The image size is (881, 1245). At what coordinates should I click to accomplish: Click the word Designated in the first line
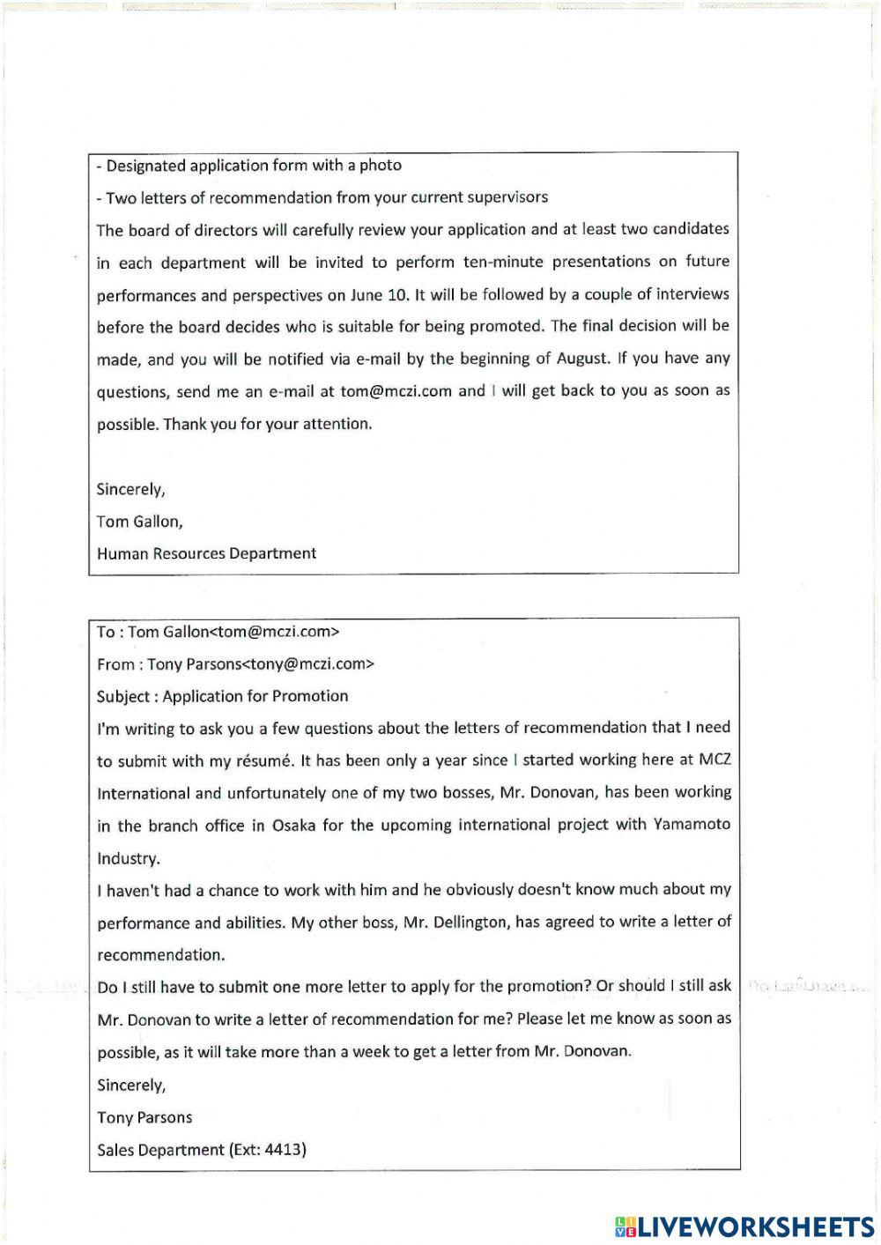pyautogui.click(x=146, y=166)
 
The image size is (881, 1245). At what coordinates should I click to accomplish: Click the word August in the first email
pyautogui.click(x=582, y=359)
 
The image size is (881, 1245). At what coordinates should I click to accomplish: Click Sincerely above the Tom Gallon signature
pyautogui.click(x=130, y=489)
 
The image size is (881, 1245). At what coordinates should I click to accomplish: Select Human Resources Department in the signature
pyautogui.click(x=206, y=553)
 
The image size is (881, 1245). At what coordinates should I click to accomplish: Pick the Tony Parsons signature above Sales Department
pyautogui.click(x=144, y=1117)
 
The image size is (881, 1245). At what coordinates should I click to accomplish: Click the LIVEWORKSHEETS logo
pyautogui.click(x=744, y=1226)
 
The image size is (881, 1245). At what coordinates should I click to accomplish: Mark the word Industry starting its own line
pyautogui.click(x=128, y=858)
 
